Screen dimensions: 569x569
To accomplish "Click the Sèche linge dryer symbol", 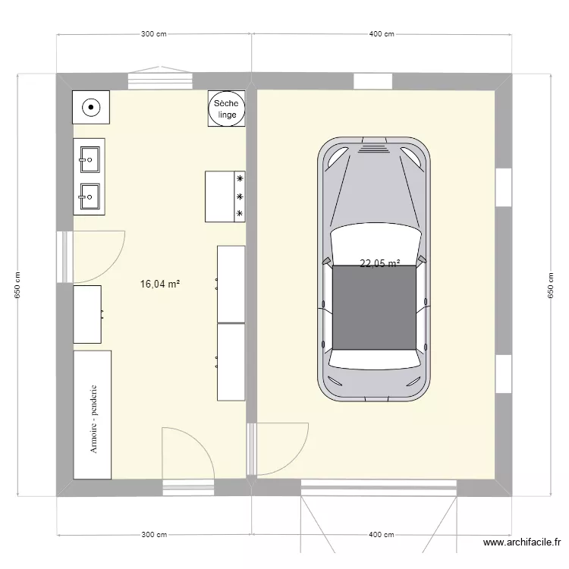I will [x=226, y=108].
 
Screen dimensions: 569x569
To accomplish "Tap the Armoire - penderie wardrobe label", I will [x=95, y=417].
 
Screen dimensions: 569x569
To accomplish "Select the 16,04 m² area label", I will [x=159, y=284].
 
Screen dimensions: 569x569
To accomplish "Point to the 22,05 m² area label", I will [x=379, y=264].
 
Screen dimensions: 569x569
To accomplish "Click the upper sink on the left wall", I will [x=89, y=159].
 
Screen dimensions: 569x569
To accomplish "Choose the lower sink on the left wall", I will [x=89, y=196].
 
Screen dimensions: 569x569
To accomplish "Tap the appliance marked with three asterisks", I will [x=225, y=196].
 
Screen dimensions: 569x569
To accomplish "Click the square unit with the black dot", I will [x=91, y=107].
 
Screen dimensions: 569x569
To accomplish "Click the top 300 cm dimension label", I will [x=153, y=34].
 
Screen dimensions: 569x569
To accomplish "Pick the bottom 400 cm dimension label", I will [x=381, y=535].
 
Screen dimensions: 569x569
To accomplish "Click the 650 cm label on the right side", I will [x=551, y=285].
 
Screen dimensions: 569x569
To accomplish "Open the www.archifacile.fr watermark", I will [x=522, y=542].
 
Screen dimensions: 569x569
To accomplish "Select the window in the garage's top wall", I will [x=373, y=81].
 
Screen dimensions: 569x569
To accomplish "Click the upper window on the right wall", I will [x=504, y=187].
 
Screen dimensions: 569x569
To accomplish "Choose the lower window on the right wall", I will [x=504, y=374].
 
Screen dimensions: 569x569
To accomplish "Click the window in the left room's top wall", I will [x=159, y=80].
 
